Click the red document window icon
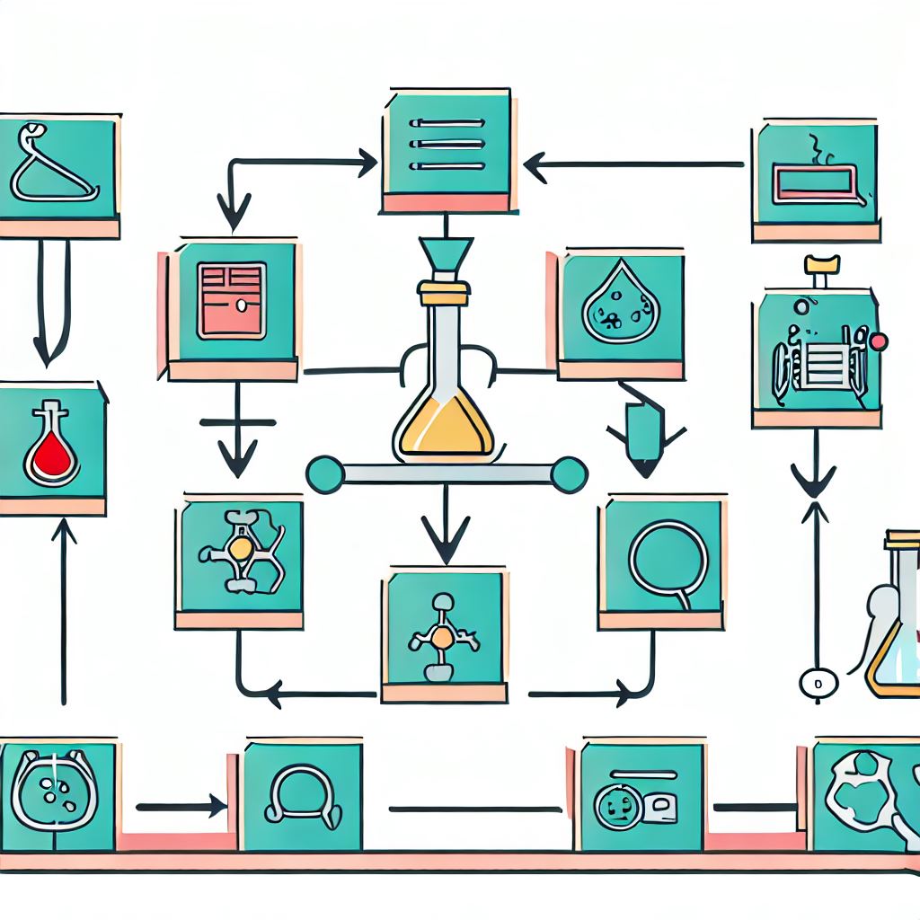point(232,300)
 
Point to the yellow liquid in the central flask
point(444,429)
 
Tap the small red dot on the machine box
point(879,341)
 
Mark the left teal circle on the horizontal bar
point(324,474)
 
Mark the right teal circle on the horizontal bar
point(568,474)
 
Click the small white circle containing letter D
point(818,682)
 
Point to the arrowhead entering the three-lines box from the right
point(534,165)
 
